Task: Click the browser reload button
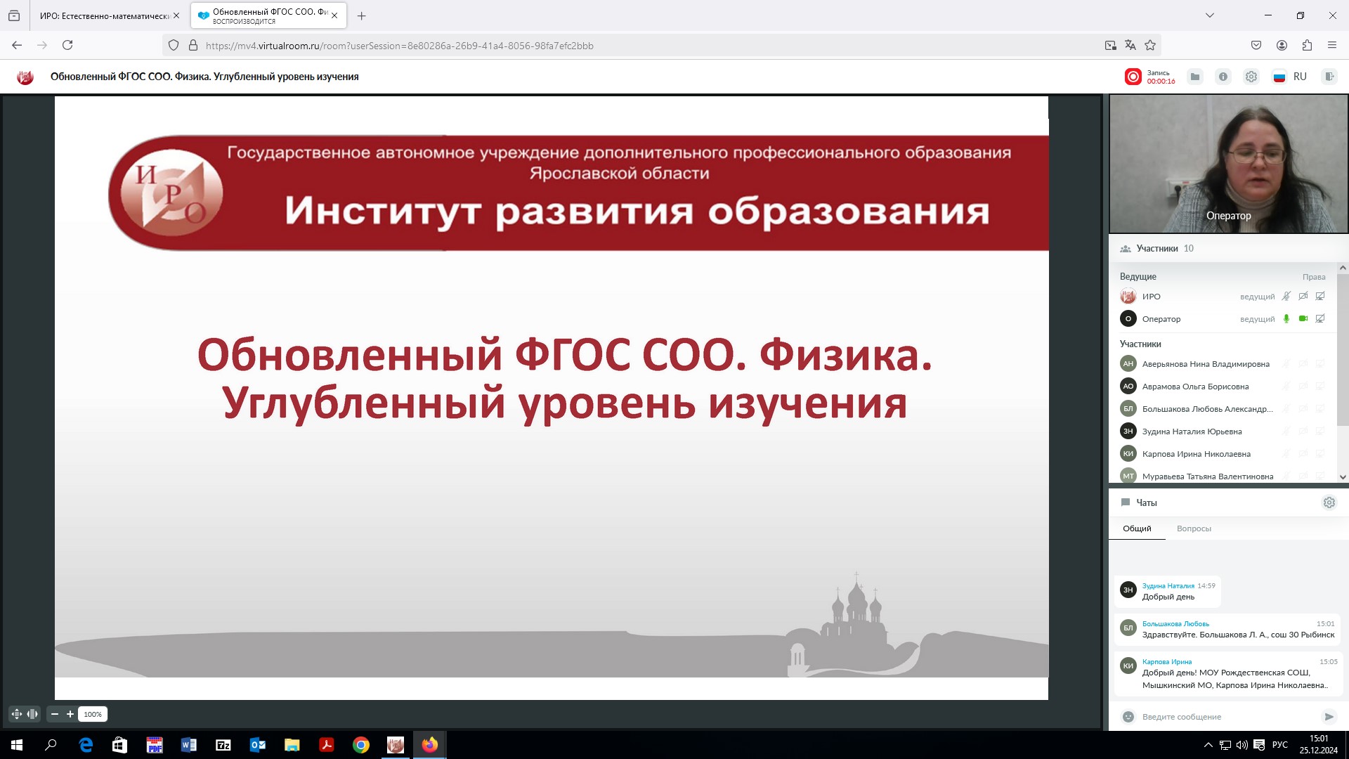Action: point(67,45)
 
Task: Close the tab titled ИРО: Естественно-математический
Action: point(176,15)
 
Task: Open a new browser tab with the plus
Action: point(362,15)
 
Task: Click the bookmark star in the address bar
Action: point(1150,45)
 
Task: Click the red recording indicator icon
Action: point(1133,77)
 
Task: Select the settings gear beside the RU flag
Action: point(1251,77)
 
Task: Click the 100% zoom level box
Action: point(93,714)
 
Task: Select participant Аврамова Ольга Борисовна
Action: point(1195,387)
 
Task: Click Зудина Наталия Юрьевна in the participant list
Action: point(1192,432)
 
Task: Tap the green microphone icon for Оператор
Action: point(1286,318)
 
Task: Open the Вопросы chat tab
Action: point(1194,528)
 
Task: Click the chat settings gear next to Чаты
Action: point(1329,502)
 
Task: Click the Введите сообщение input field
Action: point(1223,717)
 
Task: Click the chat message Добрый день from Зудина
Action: point(1168,597)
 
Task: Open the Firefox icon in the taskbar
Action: point(429,745)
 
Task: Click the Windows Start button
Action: point(17,745)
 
